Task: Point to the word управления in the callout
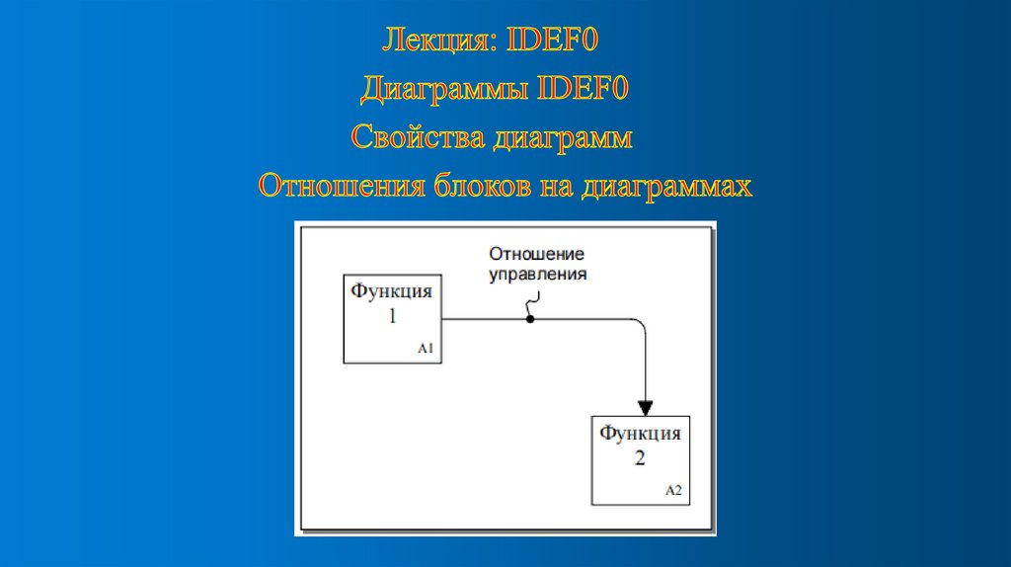538,274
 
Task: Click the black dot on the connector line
530,319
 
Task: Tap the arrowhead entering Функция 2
646,407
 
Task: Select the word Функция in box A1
392,291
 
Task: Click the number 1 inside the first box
392,317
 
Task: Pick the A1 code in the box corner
426,349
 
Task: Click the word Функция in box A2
640,434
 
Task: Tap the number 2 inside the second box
640,459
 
